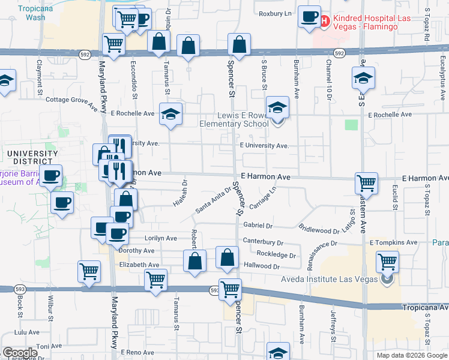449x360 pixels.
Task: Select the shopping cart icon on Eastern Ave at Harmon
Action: point(366,183)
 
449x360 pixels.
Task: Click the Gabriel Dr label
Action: point(258,226)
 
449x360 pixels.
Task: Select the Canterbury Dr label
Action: point(263,242)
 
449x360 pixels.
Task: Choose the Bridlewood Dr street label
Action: point(319,229)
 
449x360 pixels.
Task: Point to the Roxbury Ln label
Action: point(275,13)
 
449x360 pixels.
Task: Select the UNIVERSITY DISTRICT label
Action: point(32,157)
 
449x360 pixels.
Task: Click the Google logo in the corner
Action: point(20,353)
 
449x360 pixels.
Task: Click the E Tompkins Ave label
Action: point(393,242)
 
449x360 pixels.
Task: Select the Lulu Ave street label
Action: point(26,332)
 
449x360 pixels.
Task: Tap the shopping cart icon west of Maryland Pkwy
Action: point(89,271)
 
